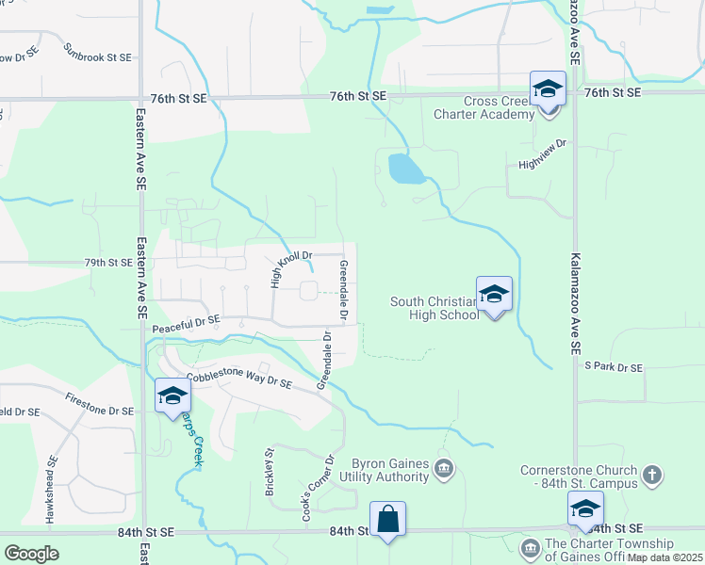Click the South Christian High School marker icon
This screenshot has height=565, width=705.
[494, 295]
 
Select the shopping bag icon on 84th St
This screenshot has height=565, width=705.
[387, 519]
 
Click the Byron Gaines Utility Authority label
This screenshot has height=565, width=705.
[391, 471]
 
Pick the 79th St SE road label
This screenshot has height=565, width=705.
[107, 263]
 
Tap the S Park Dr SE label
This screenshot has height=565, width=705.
[613, 366]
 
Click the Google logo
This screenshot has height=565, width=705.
[31, 553]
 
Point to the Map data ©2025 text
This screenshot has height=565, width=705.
[664, 557]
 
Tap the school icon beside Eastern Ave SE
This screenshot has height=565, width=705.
[172, 397]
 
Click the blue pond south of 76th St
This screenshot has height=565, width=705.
[405, 169]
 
